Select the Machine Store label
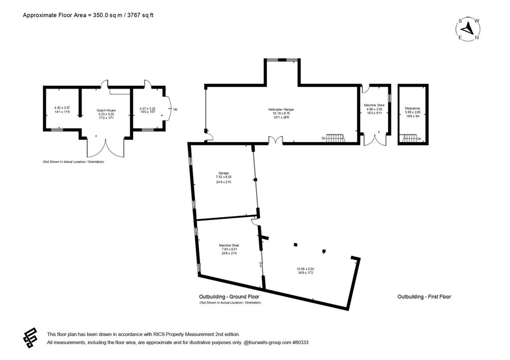point(375,106)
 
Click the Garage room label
point(223,173)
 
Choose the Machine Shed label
point(228,245)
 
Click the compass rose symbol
point(468,29)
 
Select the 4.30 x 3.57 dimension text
point(62,108)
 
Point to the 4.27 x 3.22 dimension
point(147,108)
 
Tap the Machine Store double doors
point(375,140)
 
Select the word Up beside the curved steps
point(175,109)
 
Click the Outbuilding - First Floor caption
point(424,297)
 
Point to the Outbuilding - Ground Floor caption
point(229,297)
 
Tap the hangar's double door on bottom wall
point(275,141)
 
